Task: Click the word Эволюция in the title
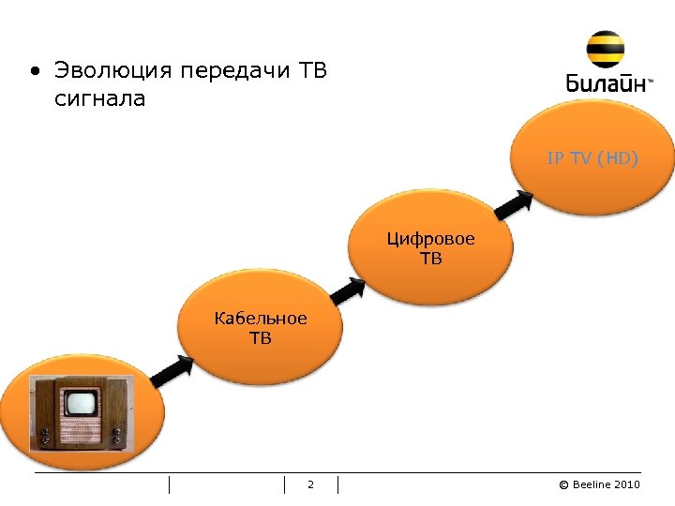[113, 71]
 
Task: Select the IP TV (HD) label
[592, 158]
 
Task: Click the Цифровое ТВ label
[431, 248]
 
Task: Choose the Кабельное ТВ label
[260, 328]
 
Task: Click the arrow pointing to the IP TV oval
[514, 201]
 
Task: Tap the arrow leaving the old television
[172, 372]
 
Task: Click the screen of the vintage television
[81, 404]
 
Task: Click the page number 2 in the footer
[310, 484]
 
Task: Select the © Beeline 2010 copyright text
[599, 484]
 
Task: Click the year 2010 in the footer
[628, 484]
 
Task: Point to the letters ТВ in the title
[312, 71]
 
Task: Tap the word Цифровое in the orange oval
[431, 239]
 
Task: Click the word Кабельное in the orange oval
[260, 319]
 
